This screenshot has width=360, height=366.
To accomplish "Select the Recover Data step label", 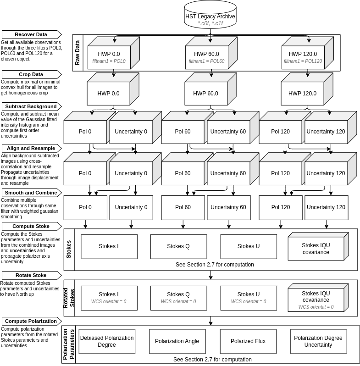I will (x=31, y=34).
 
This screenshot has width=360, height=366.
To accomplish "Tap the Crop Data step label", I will (x=31, y=74).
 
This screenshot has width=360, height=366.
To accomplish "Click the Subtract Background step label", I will (x=31, y=106).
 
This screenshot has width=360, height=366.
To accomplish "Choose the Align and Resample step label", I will (x=31, y=148).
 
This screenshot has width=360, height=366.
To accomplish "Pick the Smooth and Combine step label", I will (x=31, y=193).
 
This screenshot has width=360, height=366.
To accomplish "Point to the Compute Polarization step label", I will (x=31, y=321).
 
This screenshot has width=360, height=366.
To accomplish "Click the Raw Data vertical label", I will (x=78, y=53).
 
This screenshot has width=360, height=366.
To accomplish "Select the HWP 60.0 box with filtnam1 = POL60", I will (x=206, y=57).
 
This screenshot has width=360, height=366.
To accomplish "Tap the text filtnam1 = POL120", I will (x=303, y=61).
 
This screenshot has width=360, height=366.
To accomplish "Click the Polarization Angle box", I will (x=177, y=341).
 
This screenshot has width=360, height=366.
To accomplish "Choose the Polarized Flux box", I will (x=248, y=341).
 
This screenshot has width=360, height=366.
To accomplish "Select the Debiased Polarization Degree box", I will (x=107, y=341).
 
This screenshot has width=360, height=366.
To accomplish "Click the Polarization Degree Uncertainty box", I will (x=318, y=341).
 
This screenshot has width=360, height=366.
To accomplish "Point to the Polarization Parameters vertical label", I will (x=68, y=344).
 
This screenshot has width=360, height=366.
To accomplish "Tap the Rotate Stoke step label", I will (x=31, y=275).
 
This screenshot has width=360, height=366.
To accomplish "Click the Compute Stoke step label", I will (x=31, y=226).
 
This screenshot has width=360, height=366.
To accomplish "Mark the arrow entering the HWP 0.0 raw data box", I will (x=115, y=39).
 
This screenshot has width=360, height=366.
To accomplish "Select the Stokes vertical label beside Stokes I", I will (x=69, y=250).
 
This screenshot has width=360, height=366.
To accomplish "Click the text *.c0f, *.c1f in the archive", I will (x=210, y=23).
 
